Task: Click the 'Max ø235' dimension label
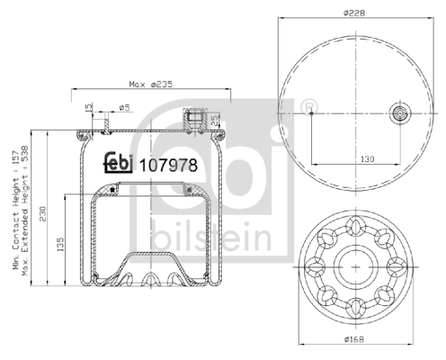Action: pyautogui.click(x=150, y=85)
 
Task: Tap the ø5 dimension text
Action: pyautogui.click(x=125, y=107)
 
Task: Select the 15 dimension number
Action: pyautogui.click(x=87, y=110)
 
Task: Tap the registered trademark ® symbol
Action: pyautogui.click(x=309, y=109)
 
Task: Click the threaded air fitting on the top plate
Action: pyautogui.click(x=195, y=120)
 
